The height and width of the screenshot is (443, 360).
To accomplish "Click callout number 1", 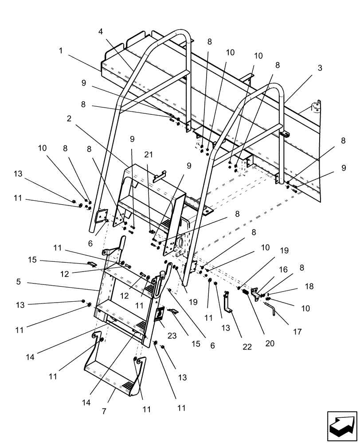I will point(60,51).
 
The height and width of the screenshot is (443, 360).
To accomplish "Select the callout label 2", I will point(69,118).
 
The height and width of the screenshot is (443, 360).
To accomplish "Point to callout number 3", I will point(320,68).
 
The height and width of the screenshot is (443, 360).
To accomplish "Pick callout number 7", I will point(104,412).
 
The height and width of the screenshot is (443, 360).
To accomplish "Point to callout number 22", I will point(247,347).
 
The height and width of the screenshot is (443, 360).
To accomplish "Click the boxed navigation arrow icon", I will point(342,424).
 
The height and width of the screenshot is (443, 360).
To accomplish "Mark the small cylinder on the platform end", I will point(316,107).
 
